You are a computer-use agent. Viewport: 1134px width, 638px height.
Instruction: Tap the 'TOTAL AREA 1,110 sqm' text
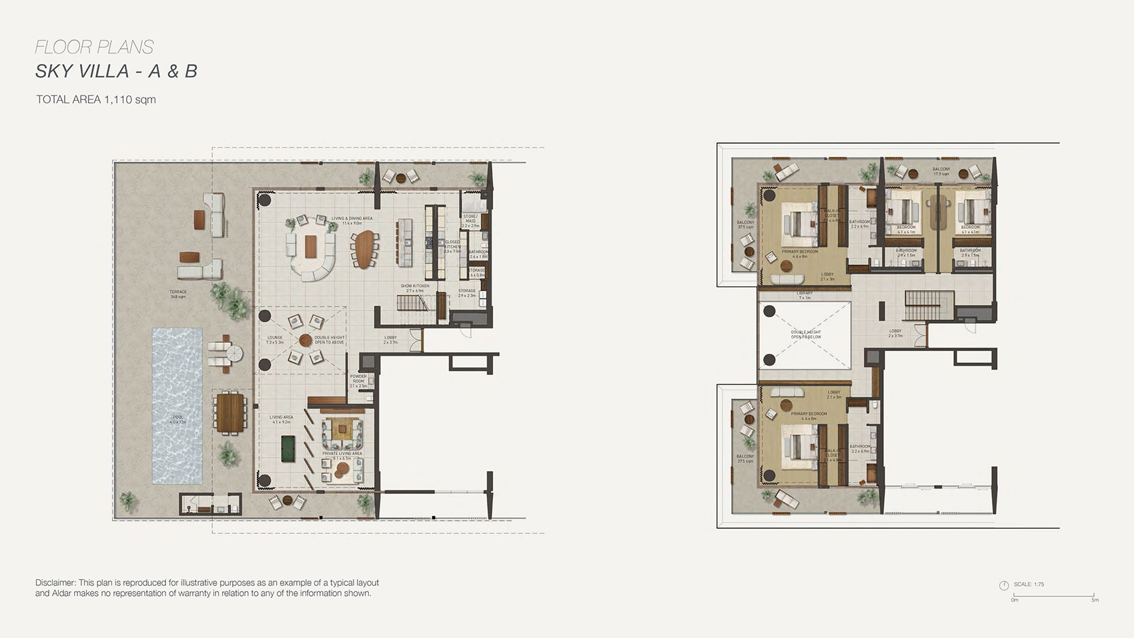tap(96, 99)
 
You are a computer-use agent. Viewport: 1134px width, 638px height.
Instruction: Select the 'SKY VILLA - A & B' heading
tap(116, 71)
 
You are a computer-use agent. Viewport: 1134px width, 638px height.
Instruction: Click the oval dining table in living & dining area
tap(364, 249)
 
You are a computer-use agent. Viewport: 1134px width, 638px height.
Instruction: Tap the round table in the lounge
tap(306, 340)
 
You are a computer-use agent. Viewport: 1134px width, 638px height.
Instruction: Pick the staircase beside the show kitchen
tap(412, 304)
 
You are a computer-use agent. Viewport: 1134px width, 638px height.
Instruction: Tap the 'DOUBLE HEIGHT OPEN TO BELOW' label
tap(806, 334)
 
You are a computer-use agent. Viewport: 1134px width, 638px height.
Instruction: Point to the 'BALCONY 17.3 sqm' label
tap(941, 172)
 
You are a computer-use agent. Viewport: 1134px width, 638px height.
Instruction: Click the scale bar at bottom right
tap(1054, 595)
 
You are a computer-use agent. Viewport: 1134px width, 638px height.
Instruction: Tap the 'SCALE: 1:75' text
tap(1029, 585)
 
